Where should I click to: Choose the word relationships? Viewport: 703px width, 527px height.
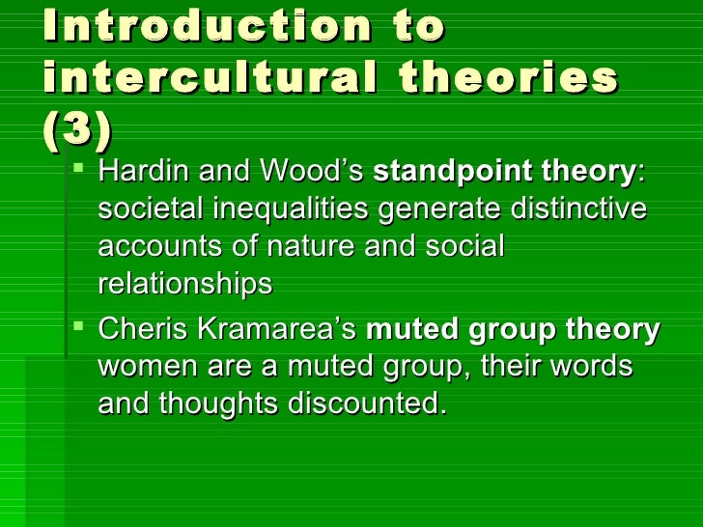tap(184, 285)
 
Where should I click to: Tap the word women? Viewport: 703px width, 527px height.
tap(142, 368)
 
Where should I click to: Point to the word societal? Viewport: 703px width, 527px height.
tap(145, 210)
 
